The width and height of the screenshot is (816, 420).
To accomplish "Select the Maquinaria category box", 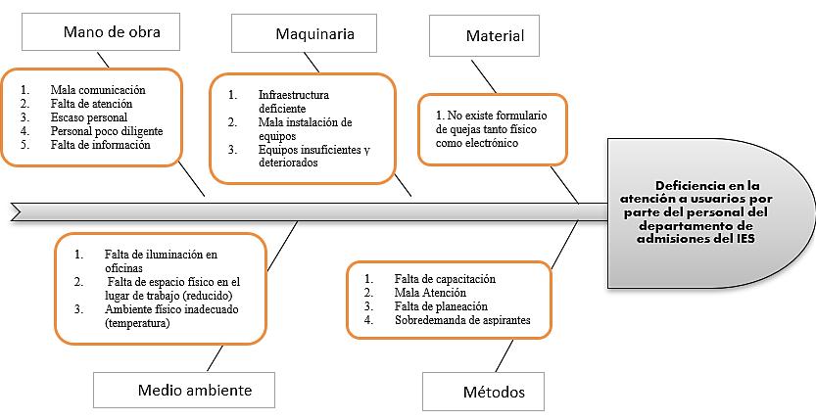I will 305,34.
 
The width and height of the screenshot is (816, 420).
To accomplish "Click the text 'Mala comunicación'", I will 98,90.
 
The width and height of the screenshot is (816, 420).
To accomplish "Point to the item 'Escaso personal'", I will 89,117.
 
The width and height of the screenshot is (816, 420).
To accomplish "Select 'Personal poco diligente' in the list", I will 107,131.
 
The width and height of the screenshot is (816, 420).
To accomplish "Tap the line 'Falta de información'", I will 100,145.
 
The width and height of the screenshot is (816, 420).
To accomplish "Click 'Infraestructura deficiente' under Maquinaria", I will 293,102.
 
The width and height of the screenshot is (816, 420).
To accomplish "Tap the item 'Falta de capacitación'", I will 445,279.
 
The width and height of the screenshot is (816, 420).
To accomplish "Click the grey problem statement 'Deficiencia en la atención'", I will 712,210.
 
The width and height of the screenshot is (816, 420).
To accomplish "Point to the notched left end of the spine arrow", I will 18,210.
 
